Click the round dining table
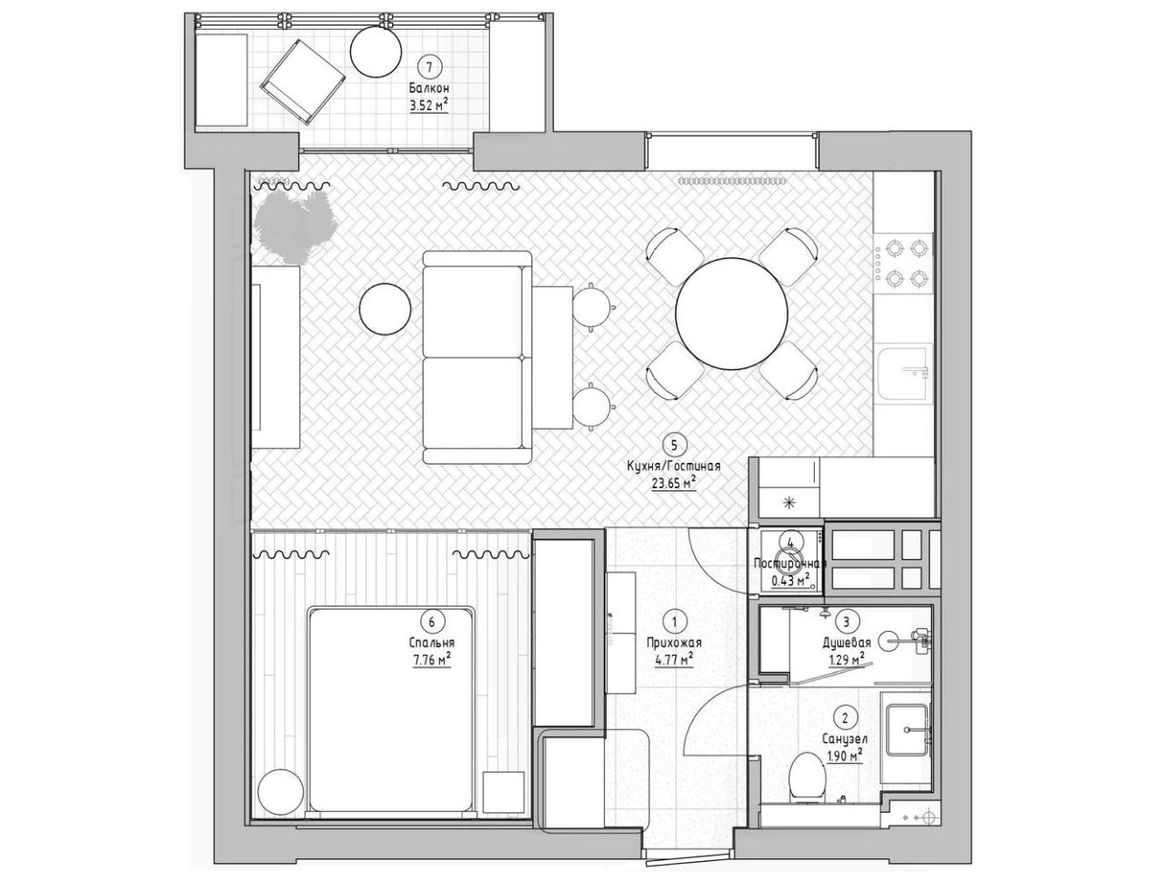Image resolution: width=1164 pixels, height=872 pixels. click(731, 314)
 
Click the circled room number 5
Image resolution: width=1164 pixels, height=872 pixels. click(674, 445)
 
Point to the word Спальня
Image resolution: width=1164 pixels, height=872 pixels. click(432, 643)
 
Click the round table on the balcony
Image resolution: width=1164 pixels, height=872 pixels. click(376, 52)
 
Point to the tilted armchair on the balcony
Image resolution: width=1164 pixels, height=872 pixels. click(303, 83)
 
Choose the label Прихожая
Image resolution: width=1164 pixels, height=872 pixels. click(674, 643)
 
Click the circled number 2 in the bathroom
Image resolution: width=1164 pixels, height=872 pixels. click(845, 718)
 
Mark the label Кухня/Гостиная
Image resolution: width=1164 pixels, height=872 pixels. click(674, 466)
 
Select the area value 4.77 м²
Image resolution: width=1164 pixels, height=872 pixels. click(674, 660)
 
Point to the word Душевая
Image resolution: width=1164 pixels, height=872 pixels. click(847, 643)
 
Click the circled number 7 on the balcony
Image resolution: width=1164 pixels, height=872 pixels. click(429, 66)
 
